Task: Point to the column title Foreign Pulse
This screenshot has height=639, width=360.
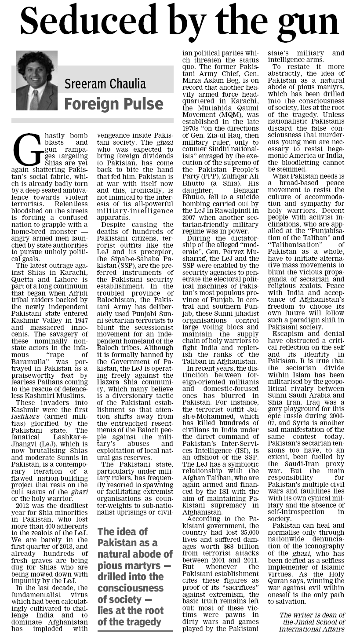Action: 113,104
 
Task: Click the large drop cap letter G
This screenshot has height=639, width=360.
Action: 23,148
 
